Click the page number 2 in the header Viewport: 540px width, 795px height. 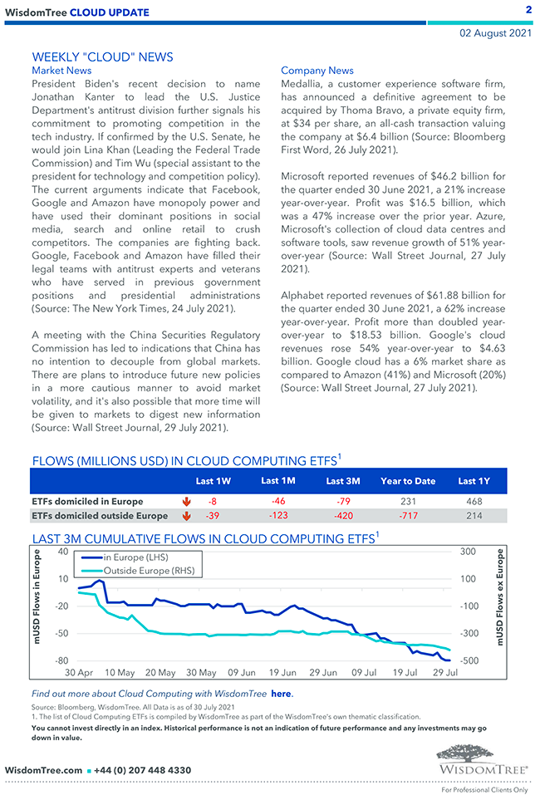click(x=528, y=10)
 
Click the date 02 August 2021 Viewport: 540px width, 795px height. click(x=496, y=34)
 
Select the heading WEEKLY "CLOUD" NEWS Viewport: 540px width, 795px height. click(x=102, y=56)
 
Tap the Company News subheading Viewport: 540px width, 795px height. click(x=317, y=71)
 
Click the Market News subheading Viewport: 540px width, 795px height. click(x=61, y=71)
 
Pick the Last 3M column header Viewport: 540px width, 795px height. click(x=342, y=481)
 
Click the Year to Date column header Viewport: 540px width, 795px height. click(x=408, y=481)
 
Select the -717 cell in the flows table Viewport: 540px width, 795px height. click(x=408, y=516)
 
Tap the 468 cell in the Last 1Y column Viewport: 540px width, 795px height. click(x=474, y=502)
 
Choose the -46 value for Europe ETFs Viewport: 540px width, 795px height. click(x=277, y=502)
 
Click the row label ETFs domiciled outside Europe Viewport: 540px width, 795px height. click(x=100, y=516)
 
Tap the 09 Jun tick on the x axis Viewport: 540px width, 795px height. click(x=242, y=672)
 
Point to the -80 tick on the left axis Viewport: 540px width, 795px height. click(x=61, y=660)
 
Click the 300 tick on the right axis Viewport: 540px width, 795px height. click(x=467, y=552)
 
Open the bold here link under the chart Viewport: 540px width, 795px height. click(x=282, y=693)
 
